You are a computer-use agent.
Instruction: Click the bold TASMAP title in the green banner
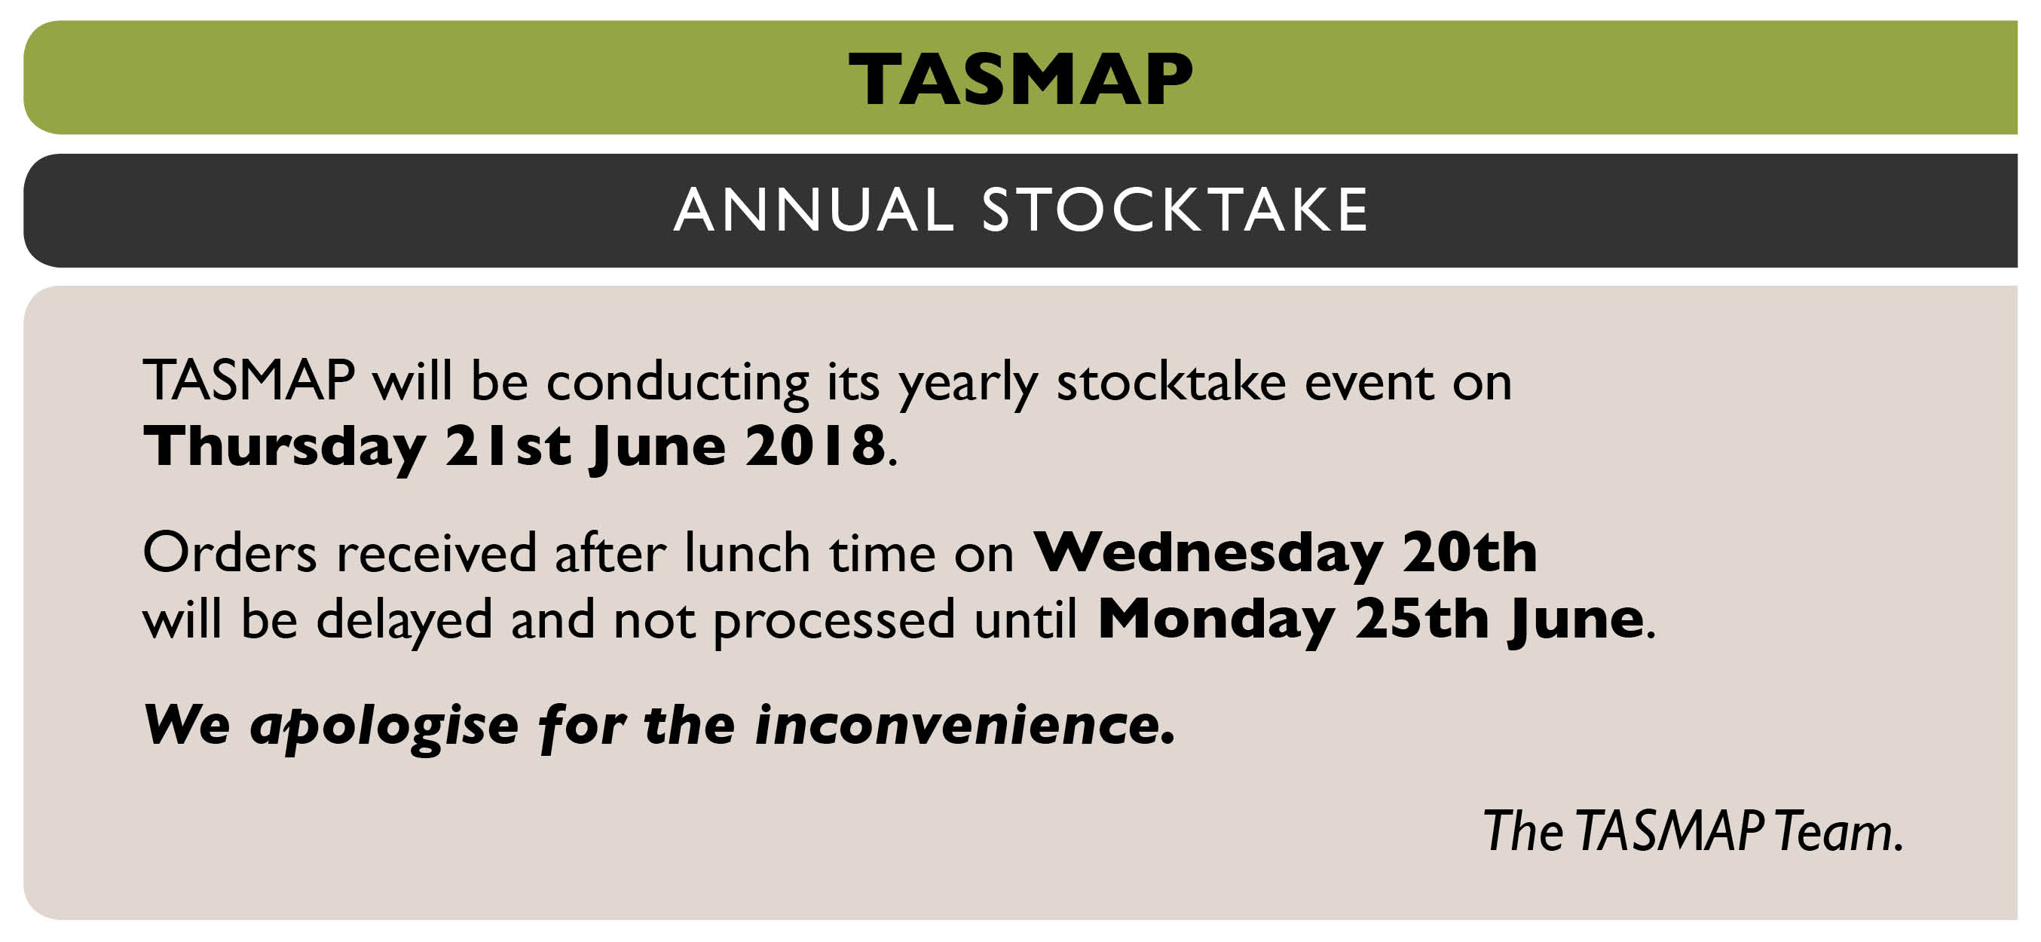1020,79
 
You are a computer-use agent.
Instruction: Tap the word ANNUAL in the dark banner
815,211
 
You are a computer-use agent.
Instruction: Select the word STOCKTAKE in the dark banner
1176,211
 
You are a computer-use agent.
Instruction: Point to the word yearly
968,384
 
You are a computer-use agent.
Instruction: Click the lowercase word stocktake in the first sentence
1172,382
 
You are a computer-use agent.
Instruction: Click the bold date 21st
508,446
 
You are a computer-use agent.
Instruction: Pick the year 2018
815,446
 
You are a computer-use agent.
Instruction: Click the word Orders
230,552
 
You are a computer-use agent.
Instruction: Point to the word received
436,552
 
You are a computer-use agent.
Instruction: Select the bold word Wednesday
1209,553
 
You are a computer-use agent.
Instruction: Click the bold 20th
1470,552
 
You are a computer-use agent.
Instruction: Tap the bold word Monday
1216,620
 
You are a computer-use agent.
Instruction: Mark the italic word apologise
384,727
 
